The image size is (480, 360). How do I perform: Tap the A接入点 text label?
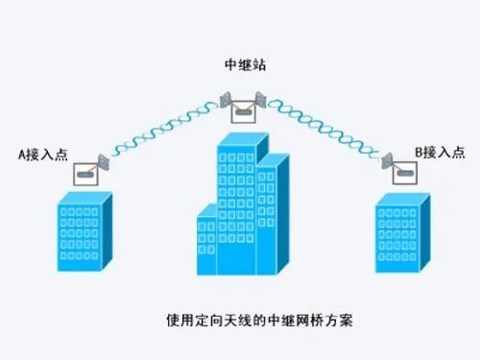pos(42,153)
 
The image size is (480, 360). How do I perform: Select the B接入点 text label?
pos(441,153)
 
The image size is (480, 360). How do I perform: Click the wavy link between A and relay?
pos(163,130)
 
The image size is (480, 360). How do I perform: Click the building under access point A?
pos(84,230)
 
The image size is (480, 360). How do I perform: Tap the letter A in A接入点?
pos(22,153)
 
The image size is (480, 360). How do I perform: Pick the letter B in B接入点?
pos(420,153)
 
